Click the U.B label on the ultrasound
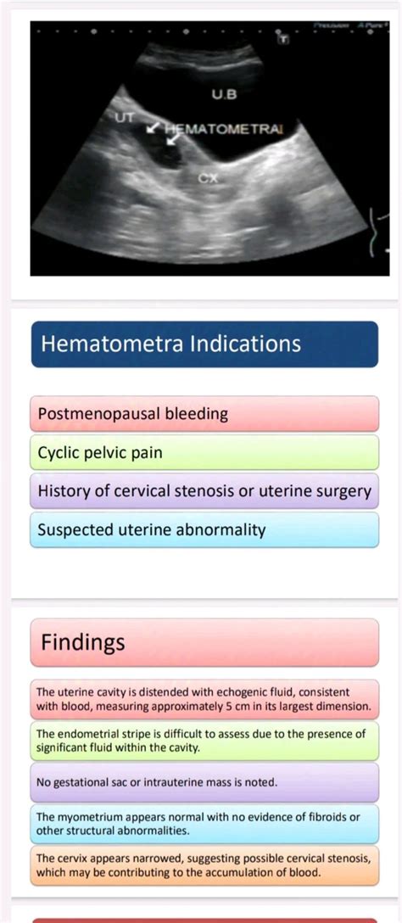(x=224, y=94)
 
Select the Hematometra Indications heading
(x=170, y=344)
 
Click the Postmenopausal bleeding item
(x=133, y=414)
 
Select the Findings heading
(x=83, y=642)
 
